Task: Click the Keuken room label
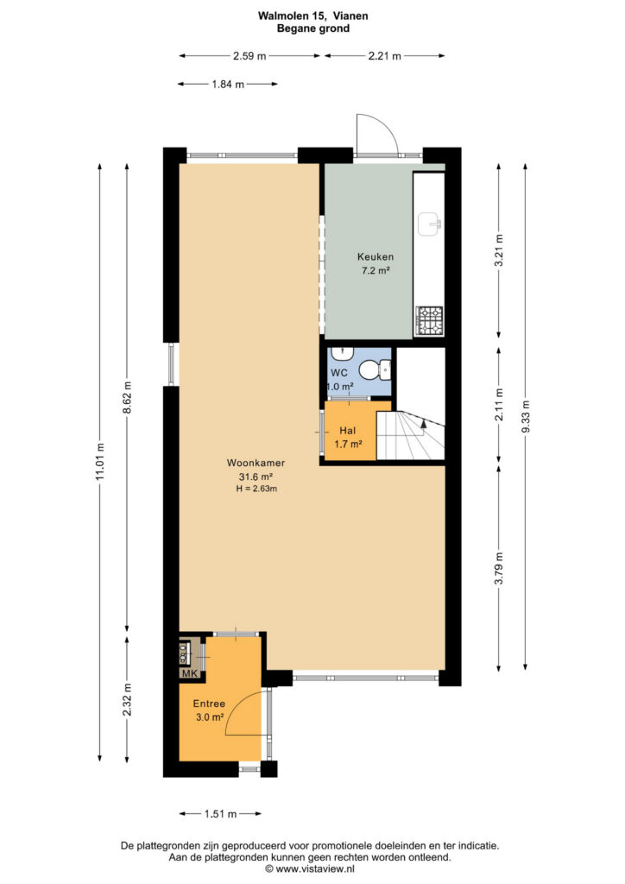[x=376, y=256]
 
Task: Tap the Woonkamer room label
[x=256, y=463]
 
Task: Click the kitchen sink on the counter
[x=430, y=224]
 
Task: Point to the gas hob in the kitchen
[x=429, y=320]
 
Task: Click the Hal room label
[x=347, y=432]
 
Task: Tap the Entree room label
[x=209, y=704]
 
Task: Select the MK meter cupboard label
[x=189, y=673]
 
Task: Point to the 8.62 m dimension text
[x=128, y=397]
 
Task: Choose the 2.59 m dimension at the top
[x=249, y=56]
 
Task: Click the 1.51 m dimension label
[x=220, y=813]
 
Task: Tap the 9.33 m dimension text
[x=526, y=417]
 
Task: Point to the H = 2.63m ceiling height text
[x=256, y=489]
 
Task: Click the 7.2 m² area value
[x=376, y=270]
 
